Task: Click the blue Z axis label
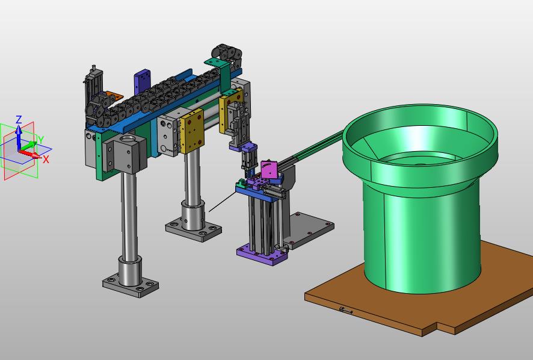(19, 119)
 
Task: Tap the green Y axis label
(41, 140)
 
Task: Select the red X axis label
(46, 160)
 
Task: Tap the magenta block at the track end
(270, 169)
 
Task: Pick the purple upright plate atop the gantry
(143, 82)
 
